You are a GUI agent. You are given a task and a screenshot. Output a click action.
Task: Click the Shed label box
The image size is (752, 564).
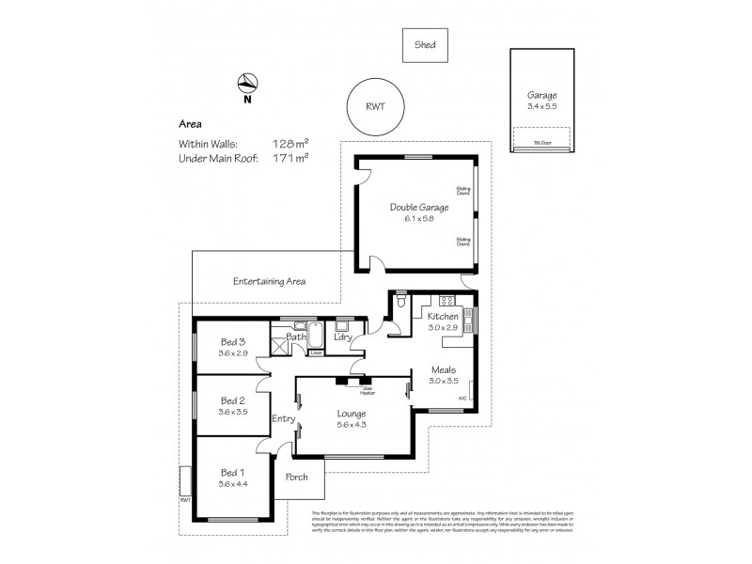coord(425,43)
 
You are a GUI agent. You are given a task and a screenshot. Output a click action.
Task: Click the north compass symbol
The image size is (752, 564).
coord(247,84)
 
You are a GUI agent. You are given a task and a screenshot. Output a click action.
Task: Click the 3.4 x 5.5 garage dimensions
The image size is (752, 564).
coord(542,106)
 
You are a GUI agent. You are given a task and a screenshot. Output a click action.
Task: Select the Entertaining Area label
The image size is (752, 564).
coord(269,281)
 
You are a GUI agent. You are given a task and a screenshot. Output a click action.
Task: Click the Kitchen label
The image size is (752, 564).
coord(444,318)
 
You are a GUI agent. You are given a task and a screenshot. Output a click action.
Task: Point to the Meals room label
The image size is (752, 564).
coord(444,370)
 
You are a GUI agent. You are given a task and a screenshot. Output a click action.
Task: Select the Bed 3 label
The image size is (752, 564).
coord(233,341)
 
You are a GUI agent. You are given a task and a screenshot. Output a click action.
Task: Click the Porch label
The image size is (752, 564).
coord(297,477)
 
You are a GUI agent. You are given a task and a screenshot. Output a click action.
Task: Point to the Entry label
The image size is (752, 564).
coord(284,418)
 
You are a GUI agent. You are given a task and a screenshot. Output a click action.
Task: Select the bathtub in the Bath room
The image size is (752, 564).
coord(317,337)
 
